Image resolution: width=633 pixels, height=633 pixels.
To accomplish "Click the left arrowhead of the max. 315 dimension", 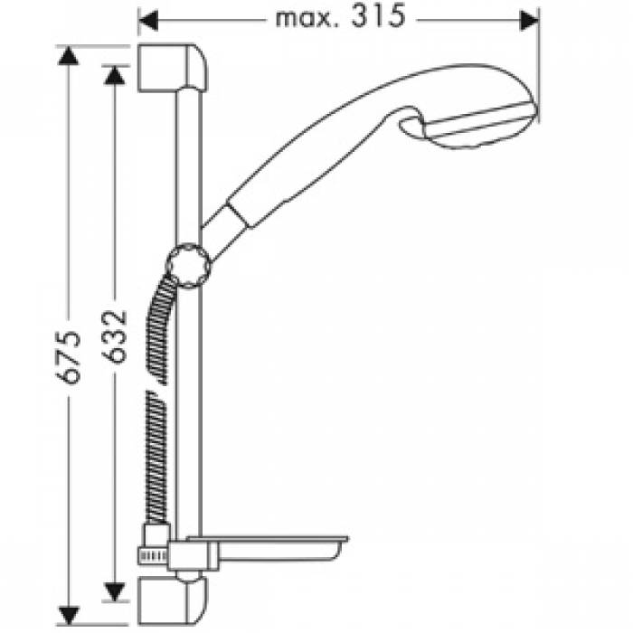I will point(148,19).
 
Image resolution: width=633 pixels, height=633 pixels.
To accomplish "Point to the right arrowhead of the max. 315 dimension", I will point(529,19).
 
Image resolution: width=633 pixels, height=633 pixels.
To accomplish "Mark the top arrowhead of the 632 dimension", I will point(113,74).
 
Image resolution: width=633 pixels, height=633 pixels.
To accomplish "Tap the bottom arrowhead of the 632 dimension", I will point(113,592).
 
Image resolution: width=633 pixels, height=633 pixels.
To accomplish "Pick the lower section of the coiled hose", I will point(156,452).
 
